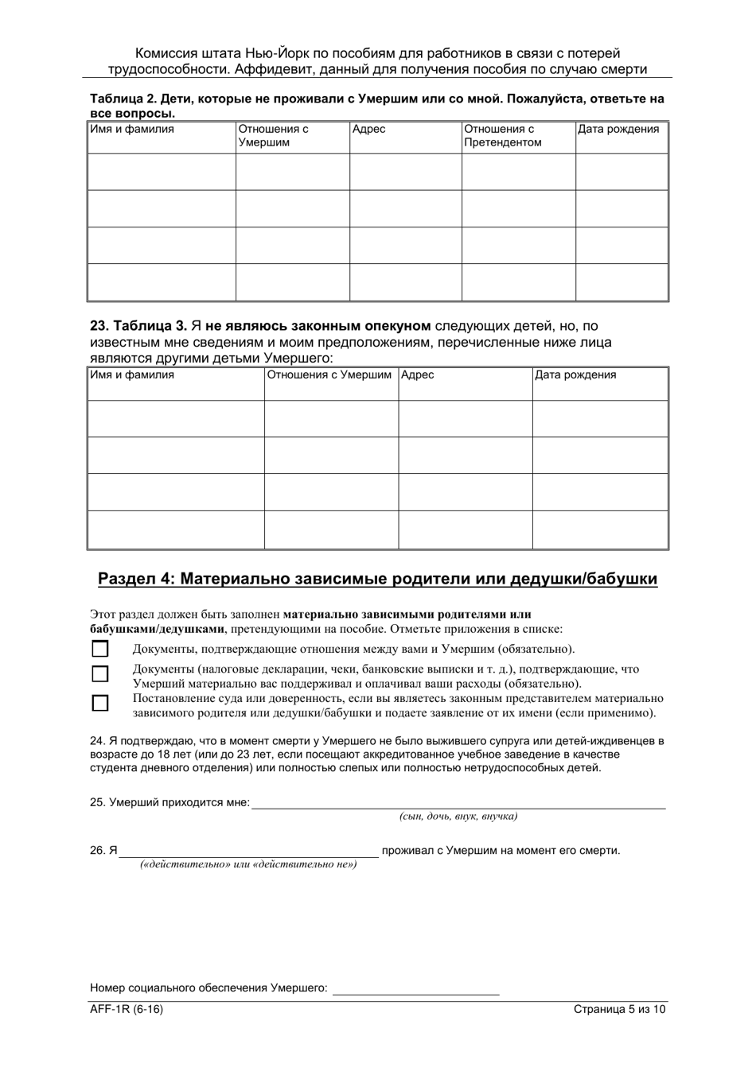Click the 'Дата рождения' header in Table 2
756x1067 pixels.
point(618,129)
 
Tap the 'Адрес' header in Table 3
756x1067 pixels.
point(418,374)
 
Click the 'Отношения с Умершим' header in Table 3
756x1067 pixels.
point(329,374)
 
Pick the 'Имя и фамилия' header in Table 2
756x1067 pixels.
point(132,129)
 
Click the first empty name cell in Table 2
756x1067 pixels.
point(162,172)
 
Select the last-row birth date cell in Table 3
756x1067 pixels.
point(599,530)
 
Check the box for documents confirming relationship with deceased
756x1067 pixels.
point(100,648)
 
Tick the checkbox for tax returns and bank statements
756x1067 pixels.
point(100,674)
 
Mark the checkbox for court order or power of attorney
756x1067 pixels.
point(100,703)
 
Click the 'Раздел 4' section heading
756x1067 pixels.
point(377,579)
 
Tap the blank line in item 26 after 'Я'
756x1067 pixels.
point(249,850)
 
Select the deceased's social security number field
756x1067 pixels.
point(415,988)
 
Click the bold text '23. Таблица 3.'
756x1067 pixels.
point(139,326)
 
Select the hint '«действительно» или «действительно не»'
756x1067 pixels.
point(248,864)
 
